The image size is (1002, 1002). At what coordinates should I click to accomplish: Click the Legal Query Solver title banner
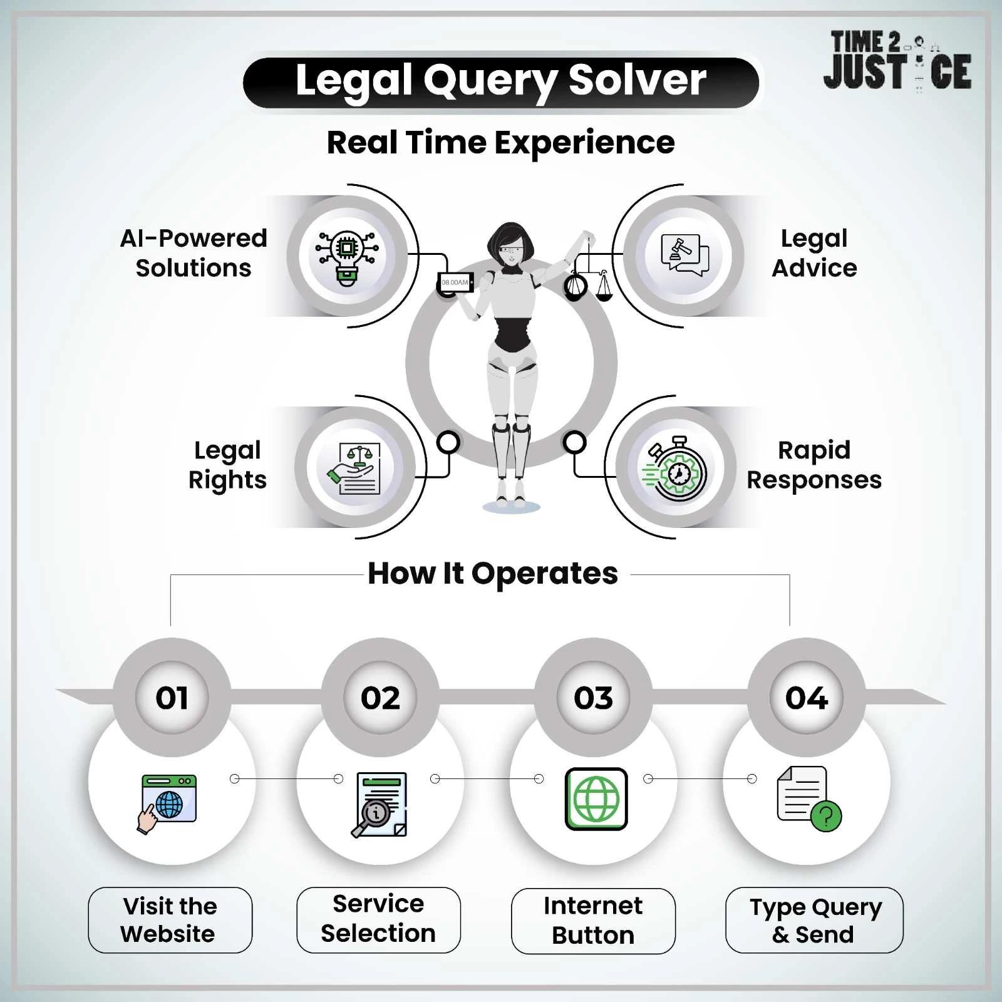[x=500, y=82]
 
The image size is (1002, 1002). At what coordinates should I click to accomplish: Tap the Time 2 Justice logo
[x=897, y=61]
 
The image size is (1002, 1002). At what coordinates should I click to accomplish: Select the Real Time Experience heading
[x=500, y=142]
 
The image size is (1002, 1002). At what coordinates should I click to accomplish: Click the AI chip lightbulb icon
[x=347, y=257]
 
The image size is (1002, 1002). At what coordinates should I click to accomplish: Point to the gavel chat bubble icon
[x=684, y=256]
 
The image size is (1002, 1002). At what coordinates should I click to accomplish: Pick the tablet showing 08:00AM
[x=455, y=282]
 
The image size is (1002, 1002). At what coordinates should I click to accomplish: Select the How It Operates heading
[x=492, y=573]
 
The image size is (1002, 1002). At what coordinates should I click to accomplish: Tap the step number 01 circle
[x=172, y=698]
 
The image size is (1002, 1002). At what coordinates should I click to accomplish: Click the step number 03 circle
[x=593, y=698]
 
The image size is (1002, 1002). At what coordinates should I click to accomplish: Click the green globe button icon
[x=596, y=799]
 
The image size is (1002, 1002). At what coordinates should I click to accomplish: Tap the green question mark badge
[x=826, y=816]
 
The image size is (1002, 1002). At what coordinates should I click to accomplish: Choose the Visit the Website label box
[x=170, y=920]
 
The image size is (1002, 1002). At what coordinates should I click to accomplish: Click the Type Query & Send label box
[x=813, y=920]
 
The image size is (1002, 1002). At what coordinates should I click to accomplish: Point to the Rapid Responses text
[x=813, y=465]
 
